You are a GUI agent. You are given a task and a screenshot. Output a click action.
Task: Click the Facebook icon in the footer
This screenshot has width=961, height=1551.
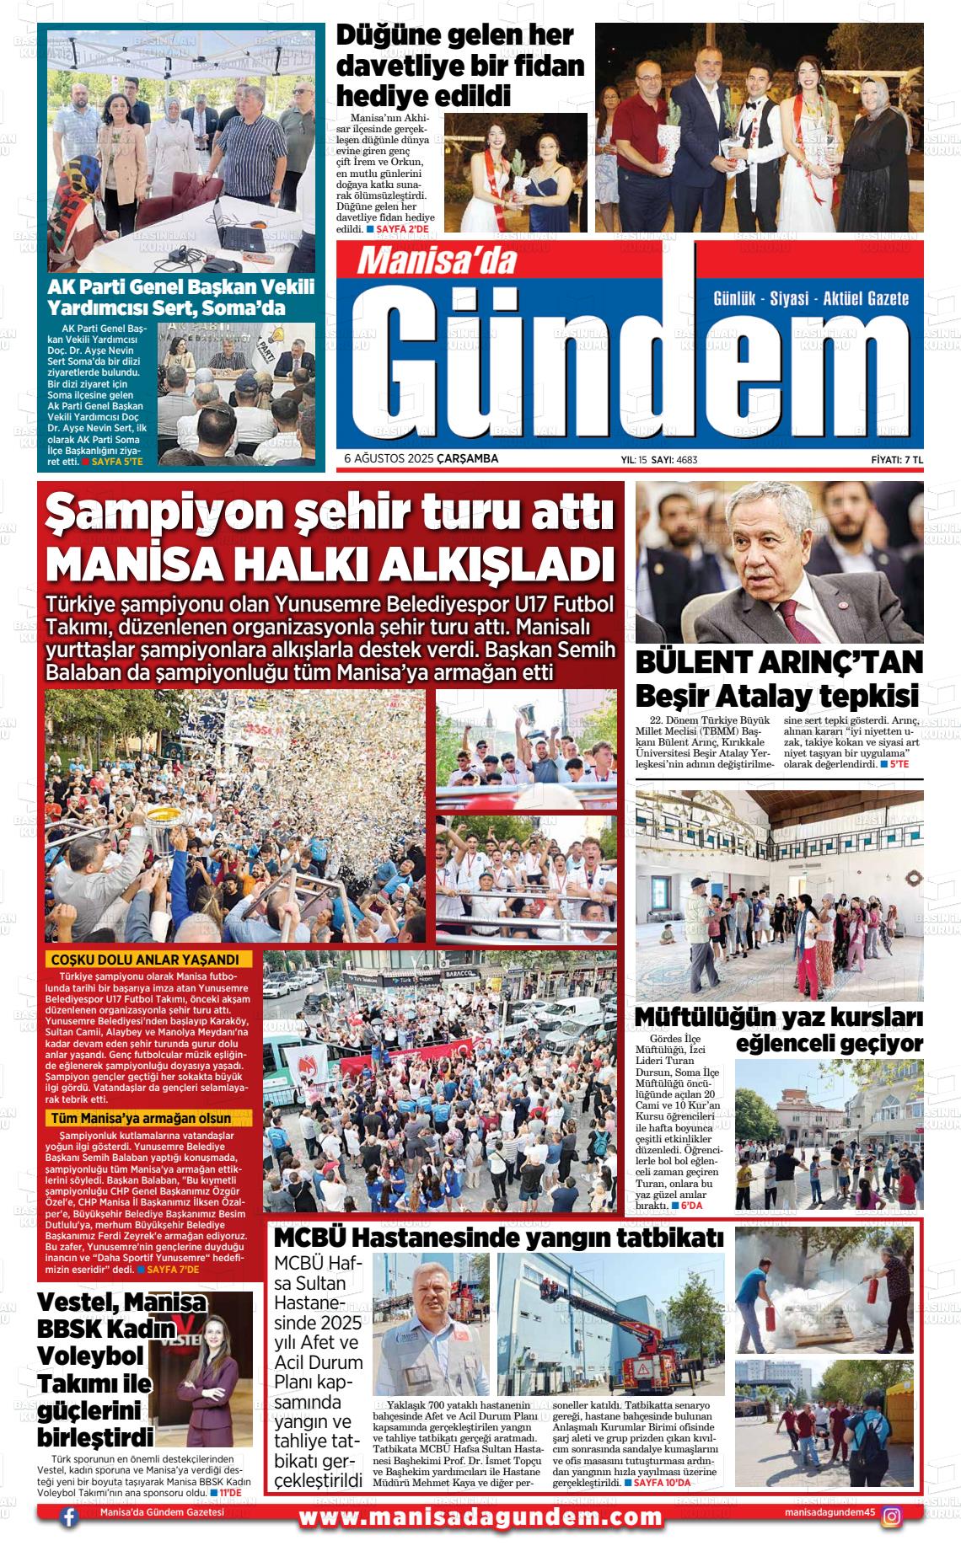(69, 1534)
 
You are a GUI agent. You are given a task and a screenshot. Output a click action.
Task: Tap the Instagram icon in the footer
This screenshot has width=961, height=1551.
(891, 1533)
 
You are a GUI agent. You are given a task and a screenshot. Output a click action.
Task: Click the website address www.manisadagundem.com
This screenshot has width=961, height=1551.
(480, 1534)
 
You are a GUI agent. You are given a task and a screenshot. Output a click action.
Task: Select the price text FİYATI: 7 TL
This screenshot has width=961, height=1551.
(897, 460)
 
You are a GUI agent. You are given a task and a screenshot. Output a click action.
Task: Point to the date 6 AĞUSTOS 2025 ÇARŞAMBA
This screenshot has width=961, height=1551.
(421, 459)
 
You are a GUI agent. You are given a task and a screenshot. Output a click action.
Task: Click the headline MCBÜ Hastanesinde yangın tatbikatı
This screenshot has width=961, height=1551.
(499, 1238)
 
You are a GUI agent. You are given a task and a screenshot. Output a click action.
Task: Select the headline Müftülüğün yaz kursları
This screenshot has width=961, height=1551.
(778, 1018)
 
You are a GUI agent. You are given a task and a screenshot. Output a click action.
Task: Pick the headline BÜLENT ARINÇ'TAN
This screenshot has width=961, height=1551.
(779, 662)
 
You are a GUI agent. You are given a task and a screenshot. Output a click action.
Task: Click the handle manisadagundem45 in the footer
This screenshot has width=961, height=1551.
(829, 1534)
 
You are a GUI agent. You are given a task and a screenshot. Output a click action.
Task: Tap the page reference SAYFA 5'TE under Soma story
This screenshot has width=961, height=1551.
(117, 462)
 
